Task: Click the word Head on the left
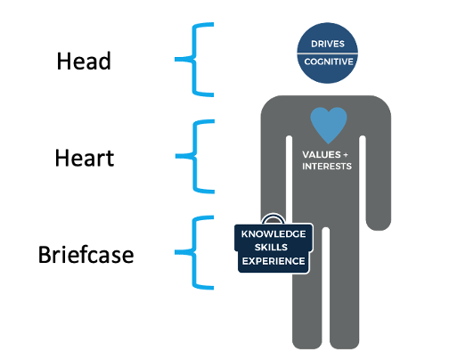pyautogui.click(x=84, y=61)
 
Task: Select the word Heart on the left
pyautogui.click(x=85, y=158)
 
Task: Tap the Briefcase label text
pyautogui.click(x=86, y=255)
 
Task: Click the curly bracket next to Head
pyautogui.click(x=194, y=60)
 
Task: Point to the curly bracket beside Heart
pyautogui.click(x=195, y=156)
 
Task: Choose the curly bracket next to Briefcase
pyautogui.click(x=194, y=252)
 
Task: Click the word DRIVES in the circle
pyautogui.click(x=328, y=44)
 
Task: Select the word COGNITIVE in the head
pyautogui.click(x=329, y=61)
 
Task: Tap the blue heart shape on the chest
pyautogui.click(x=329, y=125)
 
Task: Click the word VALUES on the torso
pyautogui.click(x=322, y=154)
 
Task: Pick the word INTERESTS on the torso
pyautogui.click(x=327, y=166)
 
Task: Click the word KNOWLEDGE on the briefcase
pyautogui.click(x=273, y=233)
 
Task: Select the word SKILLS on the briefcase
pyautogui.click(x=271, y=247)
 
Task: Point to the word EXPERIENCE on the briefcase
pyautogui.click(x=273, y=261)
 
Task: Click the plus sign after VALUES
pyautogui.click(x=346, y=155)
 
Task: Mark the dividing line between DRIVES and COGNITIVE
pyautogui.click(x=328, y=53)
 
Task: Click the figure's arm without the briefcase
pyautogui.click(x=379, y=178)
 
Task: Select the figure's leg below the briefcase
pyautogui.click(x=306, y=309)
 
